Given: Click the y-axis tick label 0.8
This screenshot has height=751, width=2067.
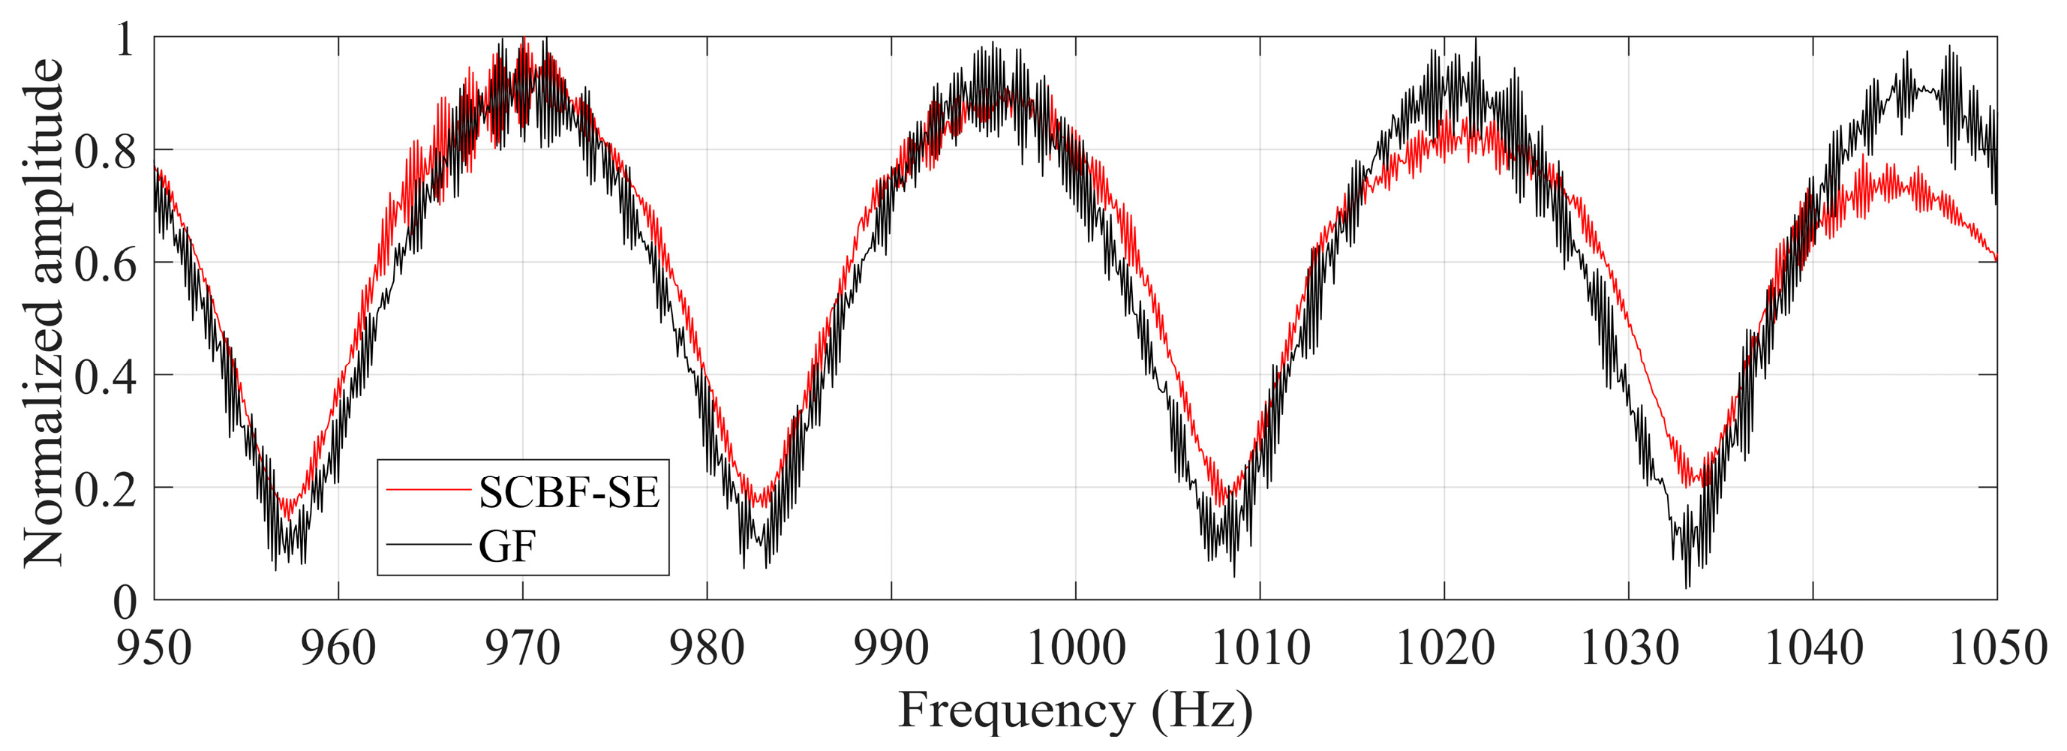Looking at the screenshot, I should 105,151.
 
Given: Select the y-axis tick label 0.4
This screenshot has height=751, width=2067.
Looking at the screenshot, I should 105,377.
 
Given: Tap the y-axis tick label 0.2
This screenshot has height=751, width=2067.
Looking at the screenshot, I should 105,488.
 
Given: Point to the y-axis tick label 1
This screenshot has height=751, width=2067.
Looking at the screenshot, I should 125,38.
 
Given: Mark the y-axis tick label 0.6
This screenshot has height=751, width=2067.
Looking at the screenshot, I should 105,264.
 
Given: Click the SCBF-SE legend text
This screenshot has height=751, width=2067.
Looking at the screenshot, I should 569,492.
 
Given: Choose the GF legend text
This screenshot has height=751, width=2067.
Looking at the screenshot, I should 506,546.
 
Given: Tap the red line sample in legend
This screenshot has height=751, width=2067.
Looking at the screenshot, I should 428,489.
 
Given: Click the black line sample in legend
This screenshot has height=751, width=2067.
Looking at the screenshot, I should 428,545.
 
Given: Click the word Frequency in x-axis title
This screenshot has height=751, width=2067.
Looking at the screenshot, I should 1016,710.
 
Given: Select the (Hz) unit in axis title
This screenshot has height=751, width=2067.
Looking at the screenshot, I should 1201,710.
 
